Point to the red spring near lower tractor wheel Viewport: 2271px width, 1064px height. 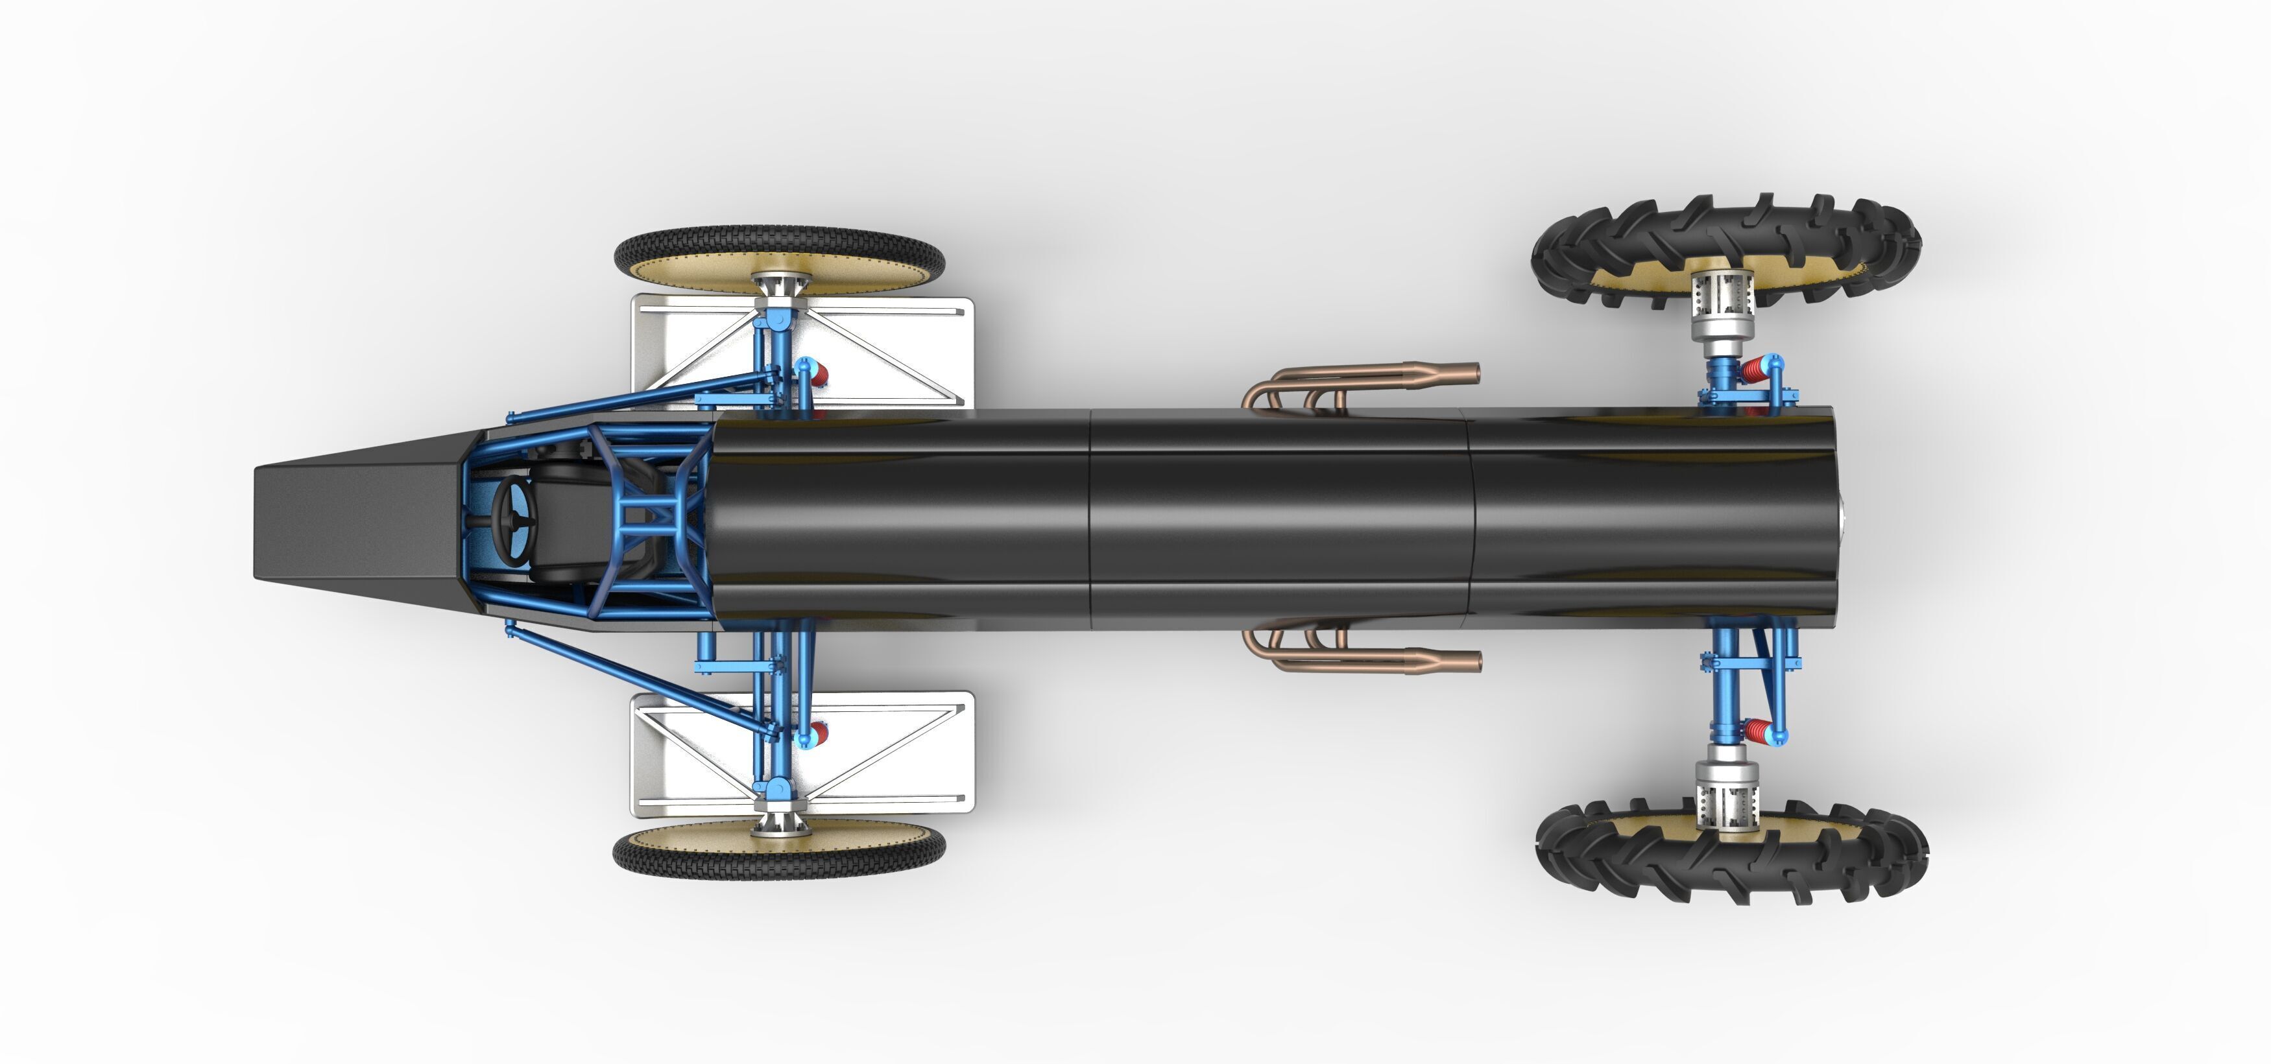[1755, 731]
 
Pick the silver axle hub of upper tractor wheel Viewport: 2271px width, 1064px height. [1724, 309]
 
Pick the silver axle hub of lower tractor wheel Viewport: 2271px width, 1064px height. [1726, 789]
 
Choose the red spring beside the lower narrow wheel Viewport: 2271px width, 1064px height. [818, 731]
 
